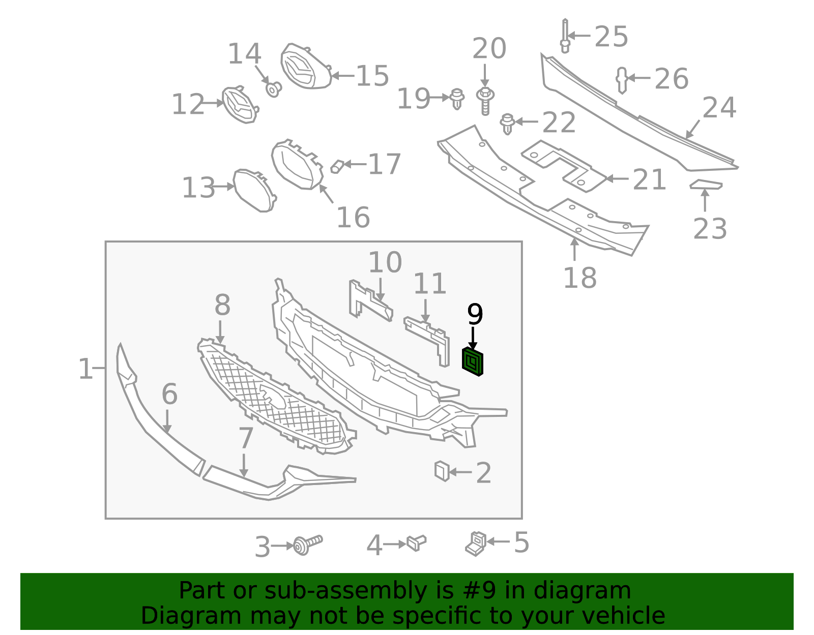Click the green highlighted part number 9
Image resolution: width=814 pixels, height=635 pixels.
point(473,362)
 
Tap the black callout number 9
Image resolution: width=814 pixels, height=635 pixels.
point(475,315)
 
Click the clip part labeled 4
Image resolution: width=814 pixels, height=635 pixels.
point(417,543)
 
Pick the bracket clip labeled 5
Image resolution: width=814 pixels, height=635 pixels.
point(476,544)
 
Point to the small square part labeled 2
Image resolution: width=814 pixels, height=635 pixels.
point(442,471)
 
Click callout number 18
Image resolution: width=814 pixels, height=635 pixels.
point(579,278)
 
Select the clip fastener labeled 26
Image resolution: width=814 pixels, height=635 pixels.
point(622,80)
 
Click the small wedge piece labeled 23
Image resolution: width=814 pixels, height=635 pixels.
point(706,184)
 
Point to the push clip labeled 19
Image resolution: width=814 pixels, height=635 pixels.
point(457,99)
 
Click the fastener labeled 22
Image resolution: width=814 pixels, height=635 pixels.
point(507,124)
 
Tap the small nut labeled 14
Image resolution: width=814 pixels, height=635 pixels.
point(274,89)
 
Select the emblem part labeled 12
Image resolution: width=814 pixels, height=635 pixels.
point(240,105)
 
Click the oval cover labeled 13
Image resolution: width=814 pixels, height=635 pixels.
point(254,190)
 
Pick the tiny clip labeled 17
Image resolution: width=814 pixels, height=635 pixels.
point(337,166)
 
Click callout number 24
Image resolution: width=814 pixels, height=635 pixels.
point(719,107)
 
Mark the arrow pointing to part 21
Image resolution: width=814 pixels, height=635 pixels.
point(617,178)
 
